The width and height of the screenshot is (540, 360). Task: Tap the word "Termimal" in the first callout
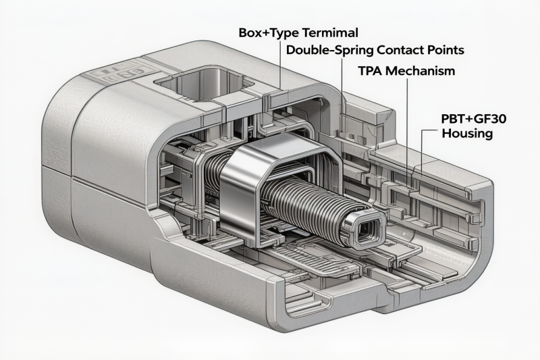click(x=330, y=32)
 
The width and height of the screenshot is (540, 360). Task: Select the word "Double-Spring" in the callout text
click(x=330, y=50)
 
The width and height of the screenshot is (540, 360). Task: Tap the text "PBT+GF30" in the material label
click(x=475, y=119)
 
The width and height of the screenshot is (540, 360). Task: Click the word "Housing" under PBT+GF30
click(x=467, y=133)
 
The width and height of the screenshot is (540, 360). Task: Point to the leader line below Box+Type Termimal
click(x=280, y=65)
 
